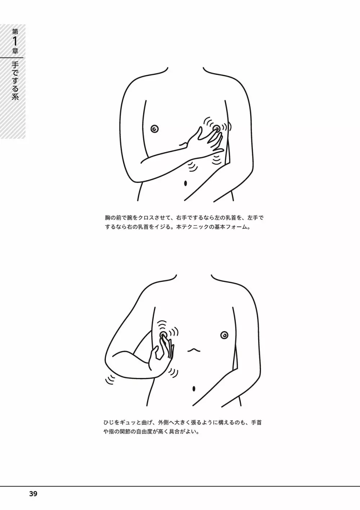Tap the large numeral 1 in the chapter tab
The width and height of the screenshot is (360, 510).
(15, 41)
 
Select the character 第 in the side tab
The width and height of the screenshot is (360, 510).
(15, 31)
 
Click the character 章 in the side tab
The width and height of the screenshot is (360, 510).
(15, 51)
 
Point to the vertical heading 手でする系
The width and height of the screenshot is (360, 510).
(15, 81)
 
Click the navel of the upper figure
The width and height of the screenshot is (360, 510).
(185, 183)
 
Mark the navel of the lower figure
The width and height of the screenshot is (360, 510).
(194, 388)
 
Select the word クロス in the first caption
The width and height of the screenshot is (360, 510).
(147, 218)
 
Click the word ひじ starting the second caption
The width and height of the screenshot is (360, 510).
(109, 423)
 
